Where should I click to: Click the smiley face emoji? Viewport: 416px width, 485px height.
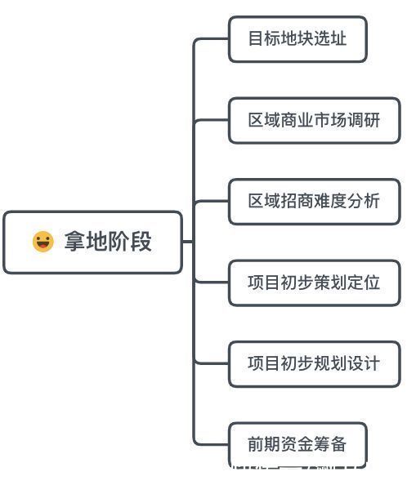coord(42,242)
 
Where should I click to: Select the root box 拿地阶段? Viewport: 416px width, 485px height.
coord(92,242)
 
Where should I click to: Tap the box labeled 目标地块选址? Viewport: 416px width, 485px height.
coord(297,38)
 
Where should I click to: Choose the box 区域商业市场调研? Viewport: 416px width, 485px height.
coord(314,120)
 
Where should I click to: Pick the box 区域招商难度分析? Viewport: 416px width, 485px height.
coord(314,201)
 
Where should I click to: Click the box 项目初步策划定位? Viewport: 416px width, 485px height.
coord(314,283)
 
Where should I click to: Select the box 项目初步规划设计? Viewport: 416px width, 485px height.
coord(314,363)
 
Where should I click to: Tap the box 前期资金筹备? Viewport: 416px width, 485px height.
coord(297,444)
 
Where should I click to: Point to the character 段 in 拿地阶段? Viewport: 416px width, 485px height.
coord(141,242)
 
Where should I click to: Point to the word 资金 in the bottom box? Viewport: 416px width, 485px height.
coord(297,444)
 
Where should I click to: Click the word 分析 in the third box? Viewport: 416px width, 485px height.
coord(364,201)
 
